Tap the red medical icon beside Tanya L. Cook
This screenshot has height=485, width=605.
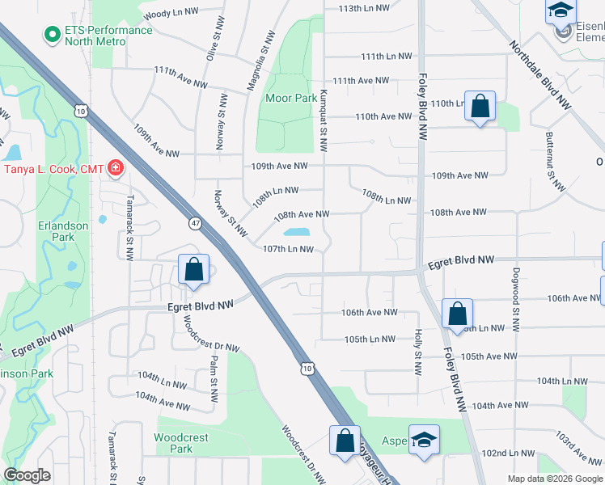pyautogui.click(x=116, y=168)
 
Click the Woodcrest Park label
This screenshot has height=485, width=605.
pyautogui.click(x=181, y=443)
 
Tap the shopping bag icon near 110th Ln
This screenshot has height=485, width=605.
pyautogui.click(x=480, y=106)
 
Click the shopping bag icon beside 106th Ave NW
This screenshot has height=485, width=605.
pyautogui.click(x=457, y=313)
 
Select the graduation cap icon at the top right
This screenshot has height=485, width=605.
pyautogui.click(x=559, y=11)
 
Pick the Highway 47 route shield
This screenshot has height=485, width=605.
pyautogui.click(x=196, y=222)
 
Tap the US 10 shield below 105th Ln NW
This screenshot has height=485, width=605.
pyautogui.click(x=307, y=367)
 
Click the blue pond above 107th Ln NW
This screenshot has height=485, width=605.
pyautogui.click(x=298, y=232)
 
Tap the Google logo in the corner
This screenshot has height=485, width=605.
pyautogui.click(x=27, y=475)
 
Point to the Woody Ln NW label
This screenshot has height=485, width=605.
pyautogui.click(x=171, y=15)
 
